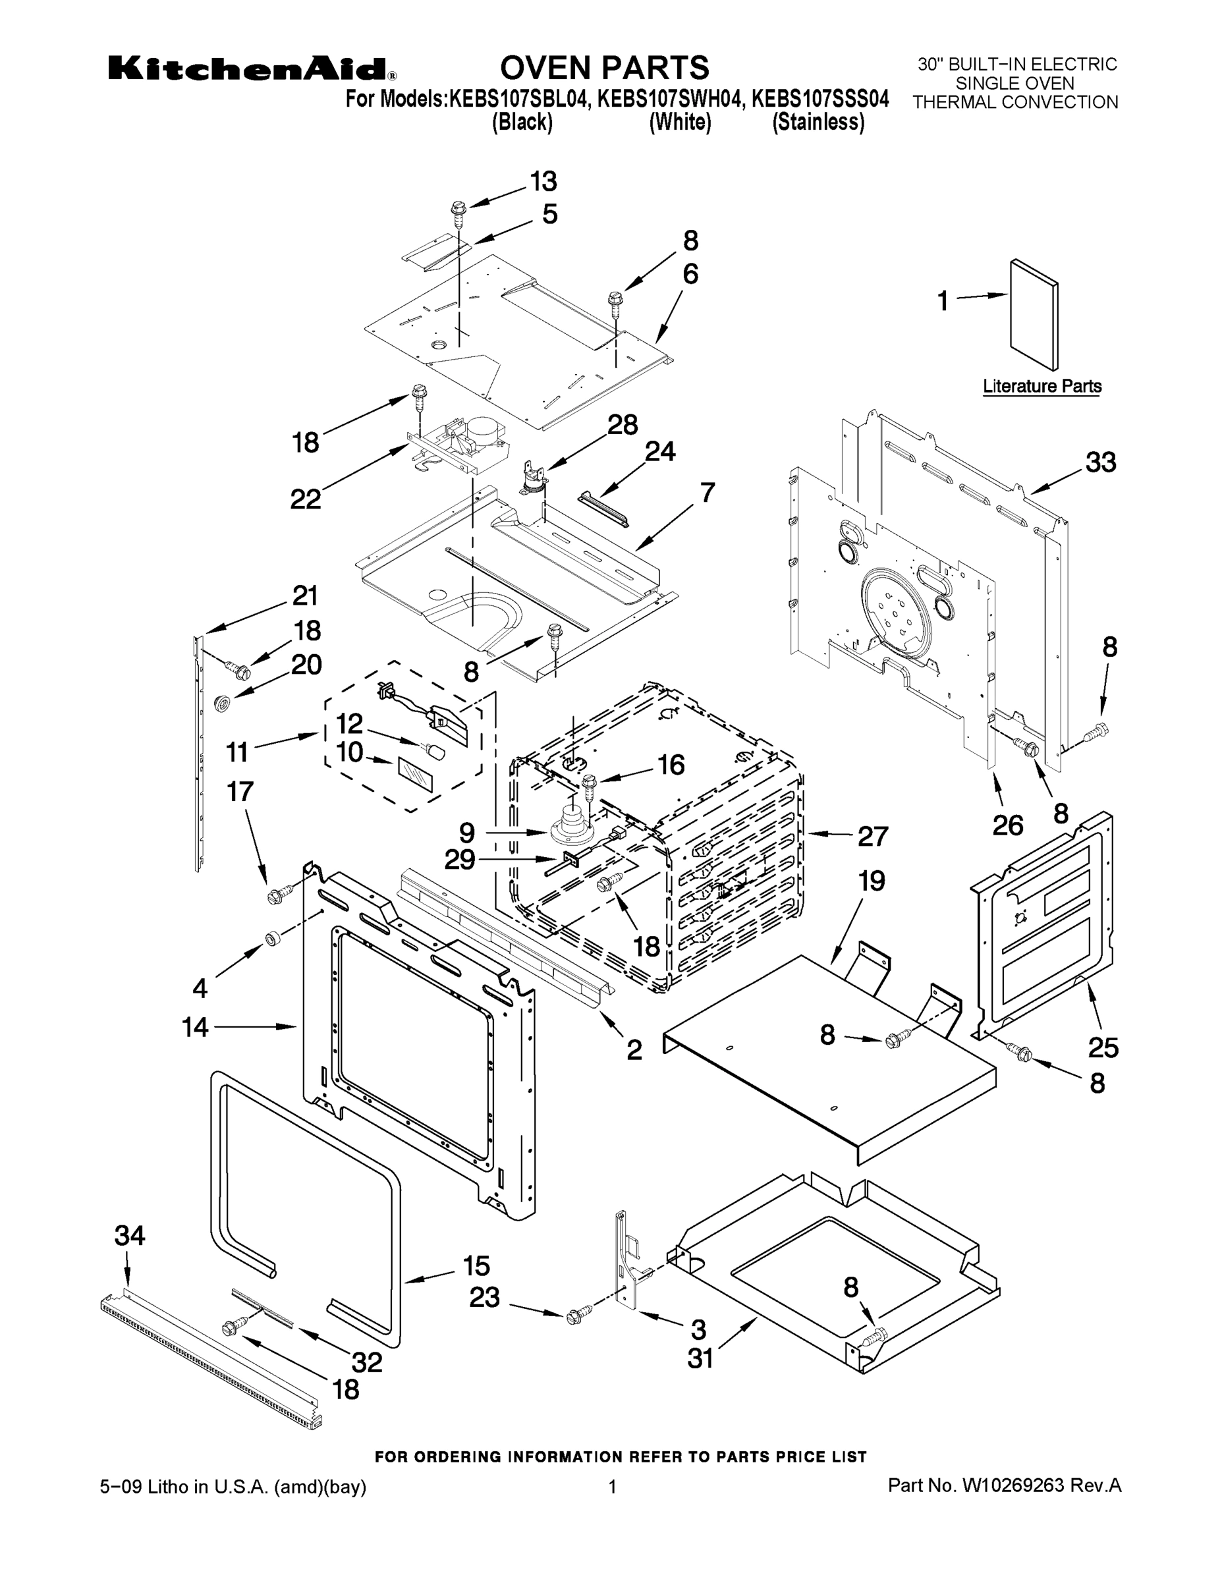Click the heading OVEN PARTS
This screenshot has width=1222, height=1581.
605,67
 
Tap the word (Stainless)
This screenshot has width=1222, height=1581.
818,123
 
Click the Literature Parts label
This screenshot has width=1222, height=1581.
1041,387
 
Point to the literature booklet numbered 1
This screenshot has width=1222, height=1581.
1034,314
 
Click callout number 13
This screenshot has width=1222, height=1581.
543,181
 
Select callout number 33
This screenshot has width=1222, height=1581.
1100,462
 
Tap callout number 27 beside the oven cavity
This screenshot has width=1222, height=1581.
872,836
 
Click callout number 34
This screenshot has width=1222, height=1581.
130,1236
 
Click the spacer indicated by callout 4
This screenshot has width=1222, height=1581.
271,939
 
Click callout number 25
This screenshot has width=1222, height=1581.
1103,1047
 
